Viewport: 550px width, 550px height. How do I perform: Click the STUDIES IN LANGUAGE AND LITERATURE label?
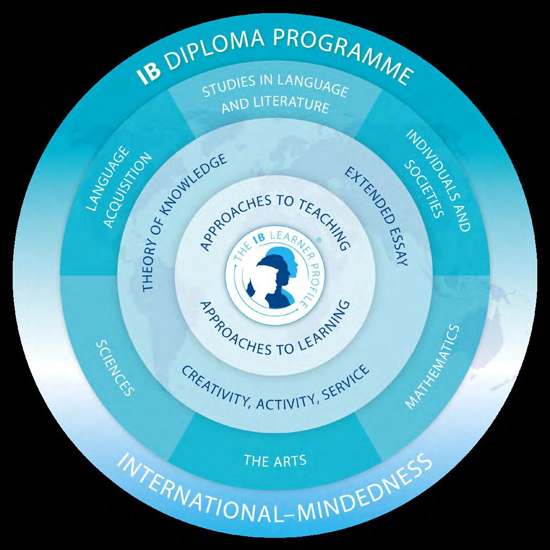pyautogui.click(x=275, y=99)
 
